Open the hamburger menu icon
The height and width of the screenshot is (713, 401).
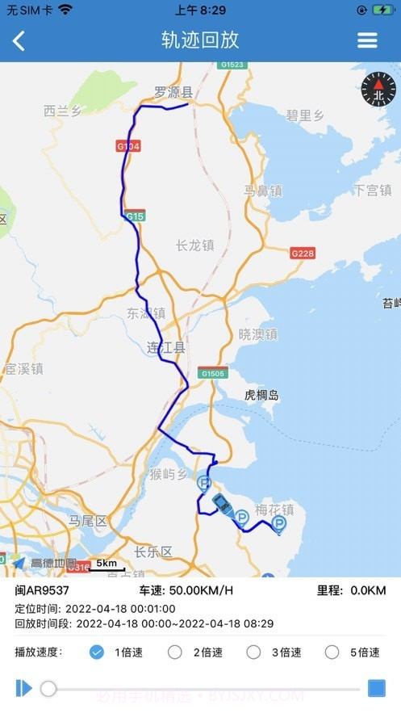pyautogui.click(x=367, y=40)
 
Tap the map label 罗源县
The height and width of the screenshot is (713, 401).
pyautogui.click(x=173, y=92)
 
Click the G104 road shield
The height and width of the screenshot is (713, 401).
pyautogui.click(x=128, y=146)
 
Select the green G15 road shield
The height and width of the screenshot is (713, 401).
pyautogui.click(x=135, y=216)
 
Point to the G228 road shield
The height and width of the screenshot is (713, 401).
pyautogui.click(x=302, y=253)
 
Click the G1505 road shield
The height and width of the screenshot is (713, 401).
pyautogui.click(x=213, y=373)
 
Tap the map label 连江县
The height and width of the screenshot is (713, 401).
pyautogui.click(x=165, y=348)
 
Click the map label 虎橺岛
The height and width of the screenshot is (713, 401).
pyautogui.click(x=261, y=395)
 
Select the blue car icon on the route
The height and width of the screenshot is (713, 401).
pyautogui.click(x=221, y=504)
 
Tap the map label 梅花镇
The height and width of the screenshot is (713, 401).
pyautogui.click(x=274, y=510)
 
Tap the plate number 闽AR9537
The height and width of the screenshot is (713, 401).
pyautogui.click(x=42, y=591)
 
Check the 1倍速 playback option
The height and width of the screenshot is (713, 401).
pyautogui.click(x=97, y=652)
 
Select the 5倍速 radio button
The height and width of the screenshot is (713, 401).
pyautogui.click(x=332, y=652)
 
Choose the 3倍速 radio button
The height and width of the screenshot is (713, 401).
pyautogui.click(x=253, y=652)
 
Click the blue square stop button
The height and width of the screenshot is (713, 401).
pyautogui.click(x=376, y=688)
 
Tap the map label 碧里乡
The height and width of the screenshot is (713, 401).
pyautogui.click(x=305, y=115)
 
